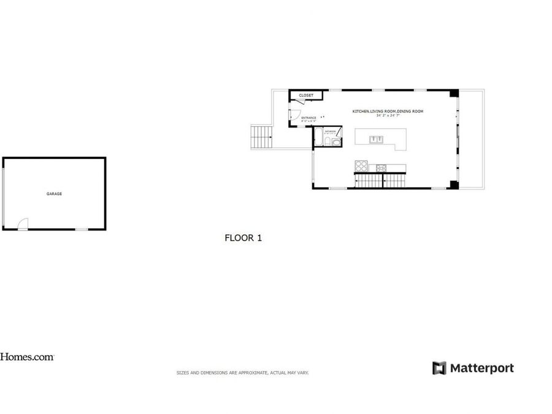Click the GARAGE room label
coord(54,194)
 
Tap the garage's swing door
coord(23,224)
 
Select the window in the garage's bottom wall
coord(81,229)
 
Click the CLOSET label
coord(306,96)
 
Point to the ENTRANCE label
coord(309,118)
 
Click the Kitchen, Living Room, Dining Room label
coord(388,111)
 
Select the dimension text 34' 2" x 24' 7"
coord(388,115)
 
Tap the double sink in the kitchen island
coord(377,139)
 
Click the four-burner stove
coord(361,167)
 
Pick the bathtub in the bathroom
coord(319,140)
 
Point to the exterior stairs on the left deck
coord(262,136)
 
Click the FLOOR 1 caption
coord(243,238)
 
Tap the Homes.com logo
coord(27,356)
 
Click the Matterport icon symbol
coord(439,368)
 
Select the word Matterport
coord(482,368)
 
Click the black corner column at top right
coord(453,93)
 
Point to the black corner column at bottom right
coord(453,185)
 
